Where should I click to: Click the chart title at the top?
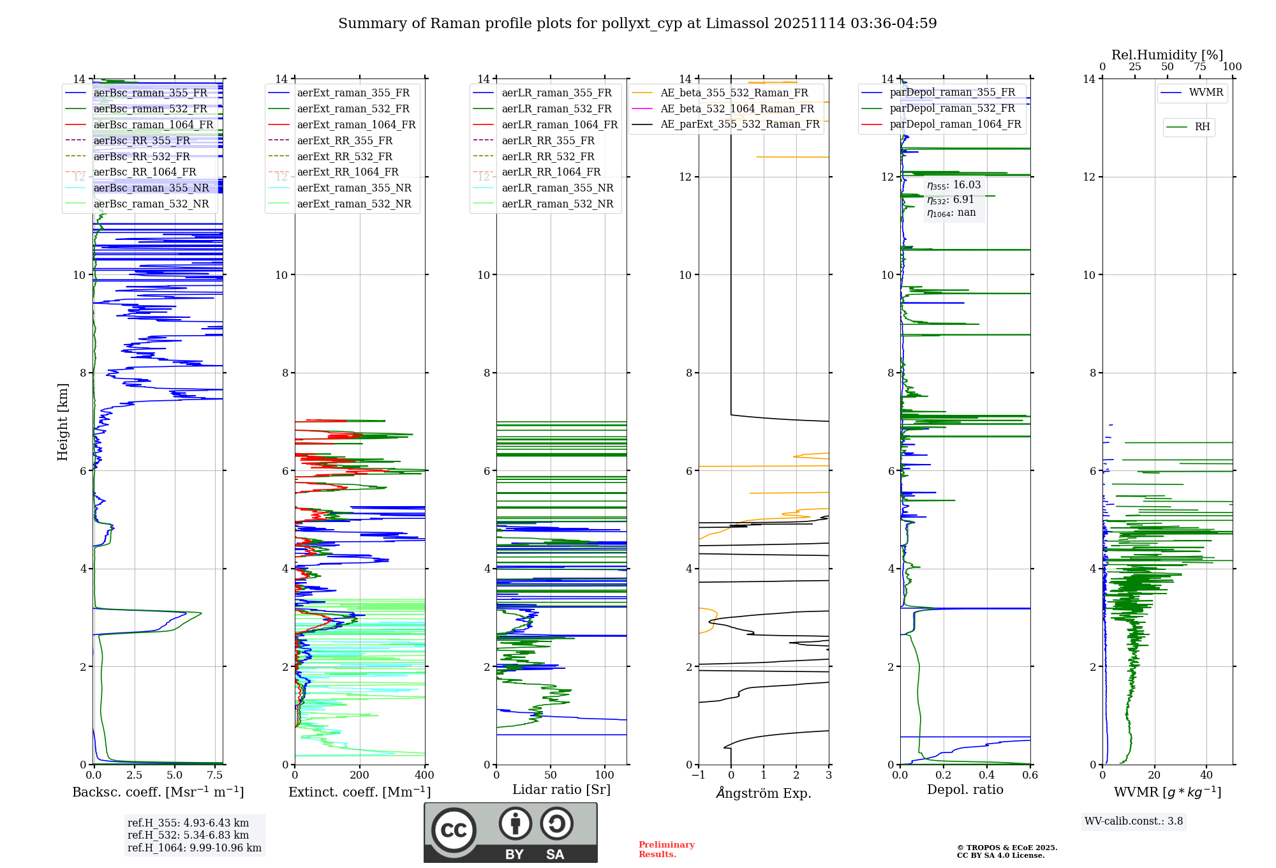click(637, 24)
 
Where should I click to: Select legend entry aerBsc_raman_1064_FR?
click(153, 125)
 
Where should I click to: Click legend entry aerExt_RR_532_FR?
click(345, 156)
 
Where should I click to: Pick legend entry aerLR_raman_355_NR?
click(557, 188)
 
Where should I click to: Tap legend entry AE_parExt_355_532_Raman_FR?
click(739, 124)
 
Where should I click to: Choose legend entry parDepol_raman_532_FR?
click(952, 108)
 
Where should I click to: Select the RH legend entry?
click(1202, 127)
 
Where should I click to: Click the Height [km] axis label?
click(63, 421)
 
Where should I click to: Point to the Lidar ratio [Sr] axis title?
click(561, 789)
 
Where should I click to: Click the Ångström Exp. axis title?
click(764, 793)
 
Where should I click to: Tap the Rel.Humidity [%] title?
click(1167, 55)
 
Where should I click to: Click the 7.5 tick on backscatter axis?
click(215, 775)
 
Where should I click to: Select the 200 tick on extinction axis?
click(360, 775)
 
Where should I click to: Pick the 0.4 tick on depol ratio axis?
click(987, 775)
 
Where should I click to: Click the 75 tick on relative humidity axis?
click(1200, 67)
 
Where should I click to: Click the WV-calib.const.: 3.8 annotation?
click(1134, 821)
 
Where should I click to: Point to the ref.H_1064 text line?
click(194, 848)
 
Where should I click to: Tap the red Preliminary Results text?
click(666, 849)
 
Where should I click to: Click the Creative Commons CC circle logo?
click(454, 830)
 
